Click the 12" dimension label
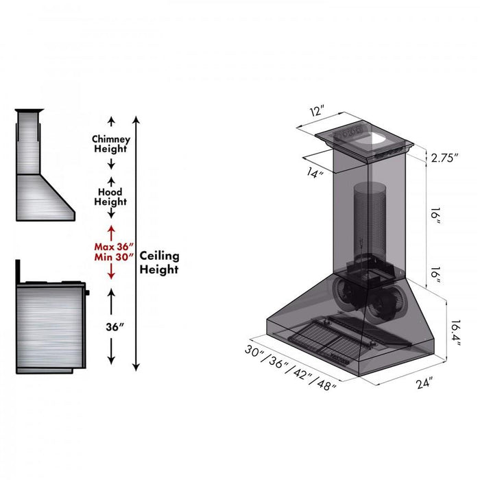click(317, 111)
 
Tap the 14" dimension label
click(315, 174)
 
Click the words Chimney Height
click(111, 144)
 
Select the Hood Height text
click(111, 197)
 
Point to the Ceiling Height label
click(159, 262)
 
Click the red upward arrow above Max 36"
click(111, 230)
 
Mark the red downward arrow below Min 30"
click(111, 272)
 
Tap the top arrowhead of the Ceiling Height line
click(136, 121)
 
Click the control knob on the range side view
click(88, 293)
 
